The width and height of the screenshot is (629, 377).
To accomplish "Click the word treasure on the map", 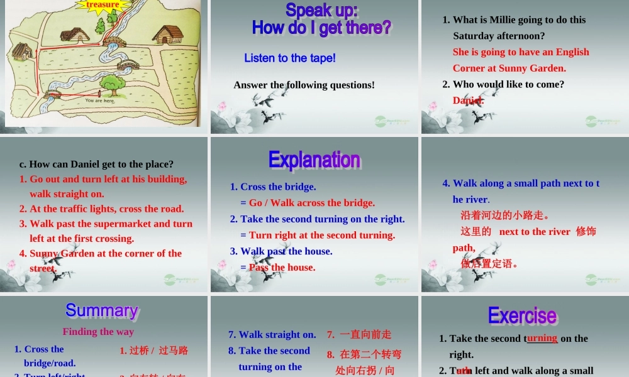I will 103,5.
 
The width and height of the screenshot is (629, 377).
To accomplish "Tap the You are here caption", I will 100,101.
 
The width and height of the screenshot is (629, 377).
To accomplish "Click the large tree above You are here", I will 112,84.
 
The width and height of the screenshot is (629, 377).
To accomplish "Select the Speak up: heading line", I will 321,10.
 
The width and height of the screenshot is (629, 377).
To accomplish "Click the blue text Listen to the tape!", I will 290,58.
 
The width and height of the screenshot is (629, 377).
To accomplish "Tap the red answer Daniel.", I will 468,101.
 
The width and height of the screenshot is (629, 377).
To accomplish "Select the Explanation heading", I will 314,160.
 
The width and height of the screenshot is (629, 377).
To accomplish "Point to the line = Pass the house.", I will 277,267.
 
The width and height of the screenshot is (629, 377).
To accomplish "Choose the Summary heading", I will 102,310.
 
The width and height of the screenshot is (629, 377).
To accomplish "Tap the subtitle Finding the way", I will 98,331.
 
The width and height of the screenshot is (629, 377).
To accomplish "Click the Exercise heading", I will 522,315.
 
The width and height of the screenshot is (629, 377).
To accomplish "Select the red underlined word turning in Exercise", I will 542,338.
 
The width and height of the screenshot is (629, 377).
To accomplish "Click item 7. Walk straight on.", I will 272,334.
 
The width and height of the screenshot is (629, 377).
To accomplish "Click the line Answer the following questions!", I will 304,85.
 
